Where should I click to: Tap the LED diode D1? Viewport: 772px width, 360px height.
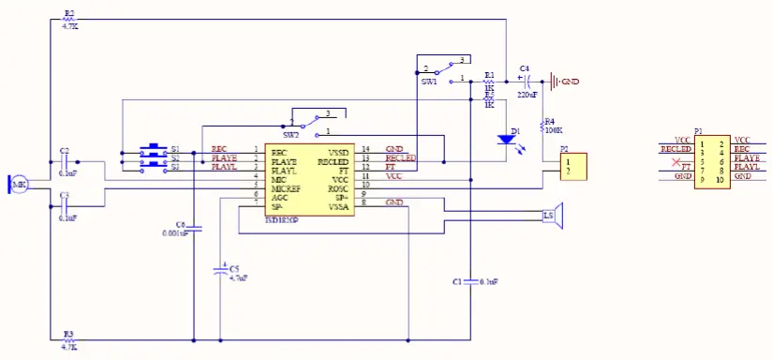click(508, 139)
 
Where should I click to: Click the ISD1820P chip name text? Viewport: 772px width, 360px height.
click(281, 220)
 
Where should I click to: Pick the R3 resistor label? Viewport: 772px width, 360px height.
click(68, 334)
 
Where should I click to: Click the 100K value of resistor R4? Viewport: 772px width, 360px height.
click(552, 130)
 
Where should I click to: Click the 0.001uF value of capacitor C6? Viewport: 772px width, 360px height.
click(175, 233)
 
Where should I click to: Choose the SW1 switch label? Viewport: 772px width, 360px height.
click(428, 82)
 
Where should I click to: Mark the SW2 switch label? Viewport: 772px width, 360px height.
click(291, 135)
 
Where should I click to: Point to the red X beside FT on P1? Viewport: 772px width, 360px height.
click(675, 163)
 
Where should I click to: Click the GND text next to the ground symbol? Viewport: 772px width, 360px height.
click(570, 82)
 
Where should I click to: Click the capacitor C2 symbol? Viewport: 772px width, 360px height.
click(65, 161)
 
